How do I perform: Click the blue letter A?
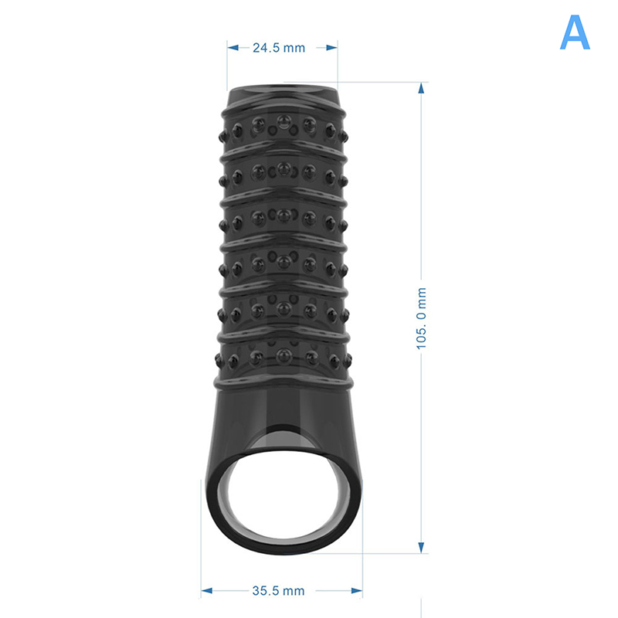pyautogui.click(x=575, y=32)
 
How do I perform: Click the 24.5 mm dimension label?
pyautogui.click(x=279, y=48)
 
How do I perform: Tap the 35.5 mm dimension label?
pyautogui.click(x=278, y=591)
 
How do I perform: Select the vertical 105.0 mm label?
pyautogui.click(x=421, y=318)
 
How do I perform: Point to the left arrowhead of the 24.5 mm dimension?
pyautogui.click(x=233, y=48)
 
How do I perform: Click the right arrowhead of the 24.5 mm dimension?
pyautogui.click(x=331, y=48)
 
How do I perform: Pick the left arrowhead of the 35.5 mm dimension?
pyautogui.click(x=206, y=590)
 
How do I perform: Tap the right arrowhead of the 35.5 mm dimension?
pyautogui.click(x=357, y=590)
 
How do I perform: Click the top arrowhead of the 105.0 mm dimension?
pyautogui.click(x=421, y=88)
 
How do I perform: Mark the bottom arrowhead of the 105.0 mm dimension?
pyautogui.click(x=421, y=547)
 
